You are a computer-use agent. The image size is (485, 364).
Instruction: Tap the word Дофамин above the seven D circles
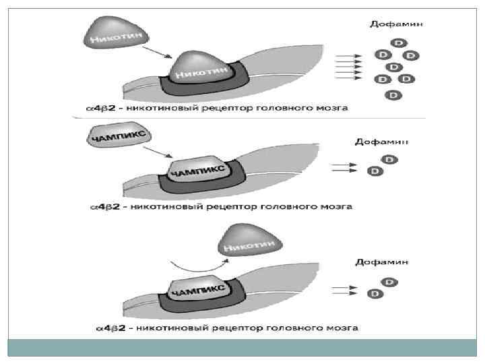click(396, 24)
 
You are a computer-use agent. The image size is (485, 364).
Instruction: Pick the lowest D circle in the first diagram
click(393, 95)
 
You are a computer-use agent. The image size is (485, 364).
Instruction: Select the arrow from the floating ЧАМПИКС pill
click(162, 153)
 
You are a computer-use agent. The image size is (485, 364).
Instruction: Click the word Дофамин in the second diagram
click(381, 142)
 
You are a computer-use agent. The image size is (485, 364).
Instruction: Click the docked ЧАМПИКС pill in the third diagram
click(199, 288)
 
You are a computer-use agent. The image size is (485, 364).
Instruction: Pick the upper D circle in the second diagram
click(389, 160)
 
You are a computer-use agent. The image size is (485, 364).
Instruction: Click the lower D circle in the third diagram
click(374, 294)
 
